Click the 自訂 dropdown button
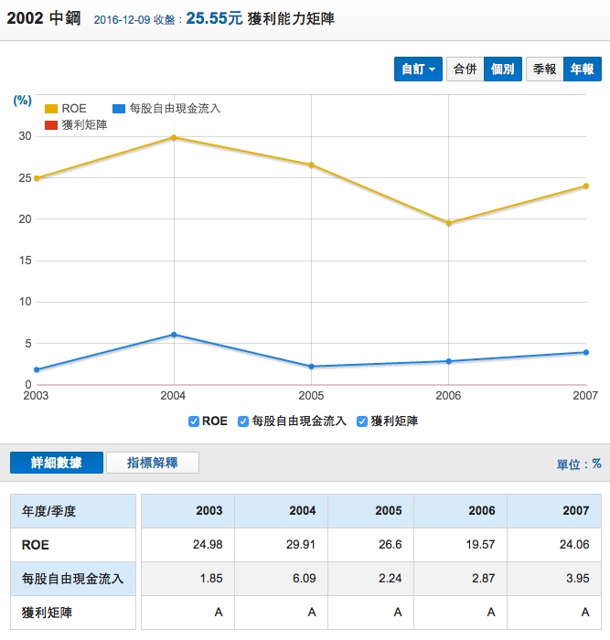(x=419, y=69)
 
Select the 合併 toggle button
(x=465, y=69)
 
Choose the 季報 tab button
(x=544, y=69)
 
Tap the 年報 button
(x=582, y=69)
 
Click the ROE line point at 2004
(x=174, y=137)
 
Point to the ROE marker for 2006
(x=448, y=223)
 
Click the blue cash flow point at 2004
(x=174, y=335)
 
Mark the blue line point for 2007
(x=585, y=352)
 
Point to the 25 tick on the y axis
(x=25, y=177)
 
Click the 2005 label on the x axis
(x=311, y=395)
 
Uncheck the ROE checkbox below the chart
(x=193, y=421)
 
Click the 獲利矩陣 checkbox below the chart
(x=362, y=421)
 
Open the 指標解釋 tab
(x=152, y=463)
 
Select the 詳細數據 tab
(x=57, y=463)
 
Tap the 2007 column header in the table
(x=575, y=511)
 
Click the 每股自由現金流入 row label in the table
(x=72, y=580)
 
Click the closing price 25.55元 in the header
(x=215, y=18)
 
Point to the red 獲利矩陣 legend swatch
(x=51, y=125)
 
